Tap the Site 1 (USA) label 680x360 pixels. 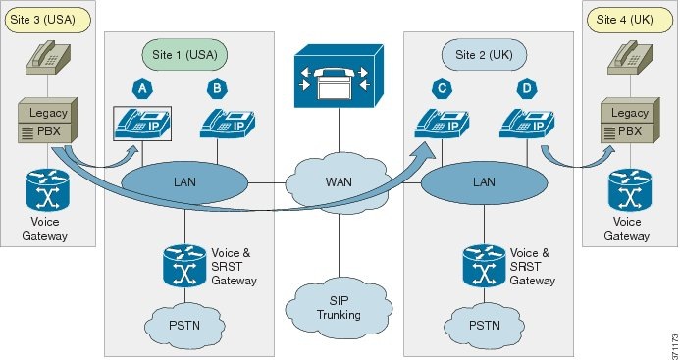pos(184,54)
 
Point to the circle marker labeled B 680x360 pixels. pos(216,89)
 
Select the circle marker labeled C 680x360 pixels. pos(445,89)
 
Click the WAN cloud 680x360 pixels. pos(338,182)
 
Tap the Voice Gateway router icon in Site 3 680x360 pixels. pos(40,191)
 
